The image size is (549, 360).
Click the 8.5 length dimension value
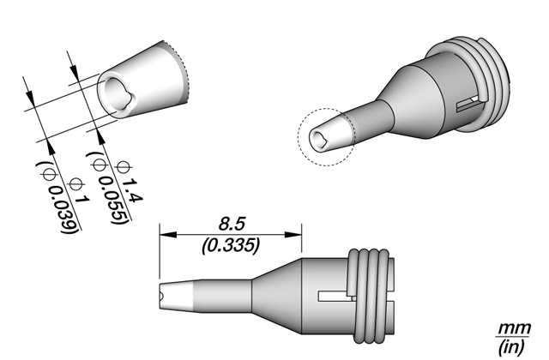point(232,224)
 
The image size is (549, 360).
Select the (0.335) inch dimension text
point(231,245)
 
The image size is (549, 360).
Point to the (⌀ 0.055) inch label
point(106,189)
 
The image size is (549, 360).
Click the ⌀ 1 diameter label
point(80,190)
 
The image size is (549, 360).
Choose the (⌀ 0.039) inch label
point(57,198)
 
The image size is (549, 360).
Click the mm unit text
point(514,328)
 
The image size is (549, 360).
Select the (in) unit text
point(512,346)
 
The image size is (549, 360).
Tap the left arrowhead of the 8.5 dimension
point(167,234)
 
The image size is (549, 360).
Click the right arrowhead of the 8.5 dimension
point(293,234)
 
